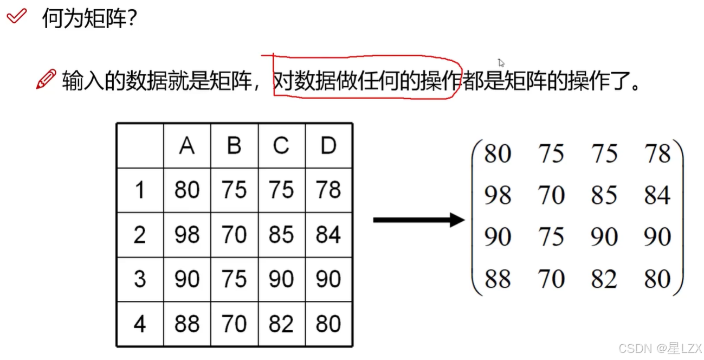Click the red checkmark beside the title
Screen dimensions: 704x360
(16, 17)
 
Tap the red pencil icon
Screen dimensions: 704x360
(46, 80)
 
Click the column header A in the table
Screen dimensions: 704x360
(187, 146)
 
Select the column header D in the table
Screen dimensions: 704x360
(328, 146)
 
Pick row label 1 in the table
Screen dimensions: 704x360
(140, 190)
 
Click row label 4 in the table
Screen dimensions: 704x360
(140, 324)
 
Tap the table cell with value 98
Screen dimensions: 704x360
(187, 235)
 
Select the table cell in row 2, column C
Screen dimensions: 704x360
(281, 235)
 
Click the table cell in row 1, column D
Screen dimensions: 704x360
(328, 190)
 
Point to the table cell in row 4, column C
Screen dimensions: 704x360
(281, 324)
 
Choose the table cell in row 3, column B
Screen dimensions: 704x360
(234, 279)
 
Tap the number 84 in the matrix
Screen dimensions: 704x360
(657, 195)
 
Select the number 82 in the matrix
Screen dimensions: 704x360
(604, 279)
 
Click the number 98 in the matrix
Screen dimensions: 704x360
(498, 195)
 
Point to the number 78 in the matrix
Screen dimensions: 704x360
(657, 154)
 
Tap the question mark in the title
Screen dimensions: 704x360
(130, 20)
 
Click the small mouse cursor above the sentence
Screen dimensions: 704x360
(501, 62)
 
